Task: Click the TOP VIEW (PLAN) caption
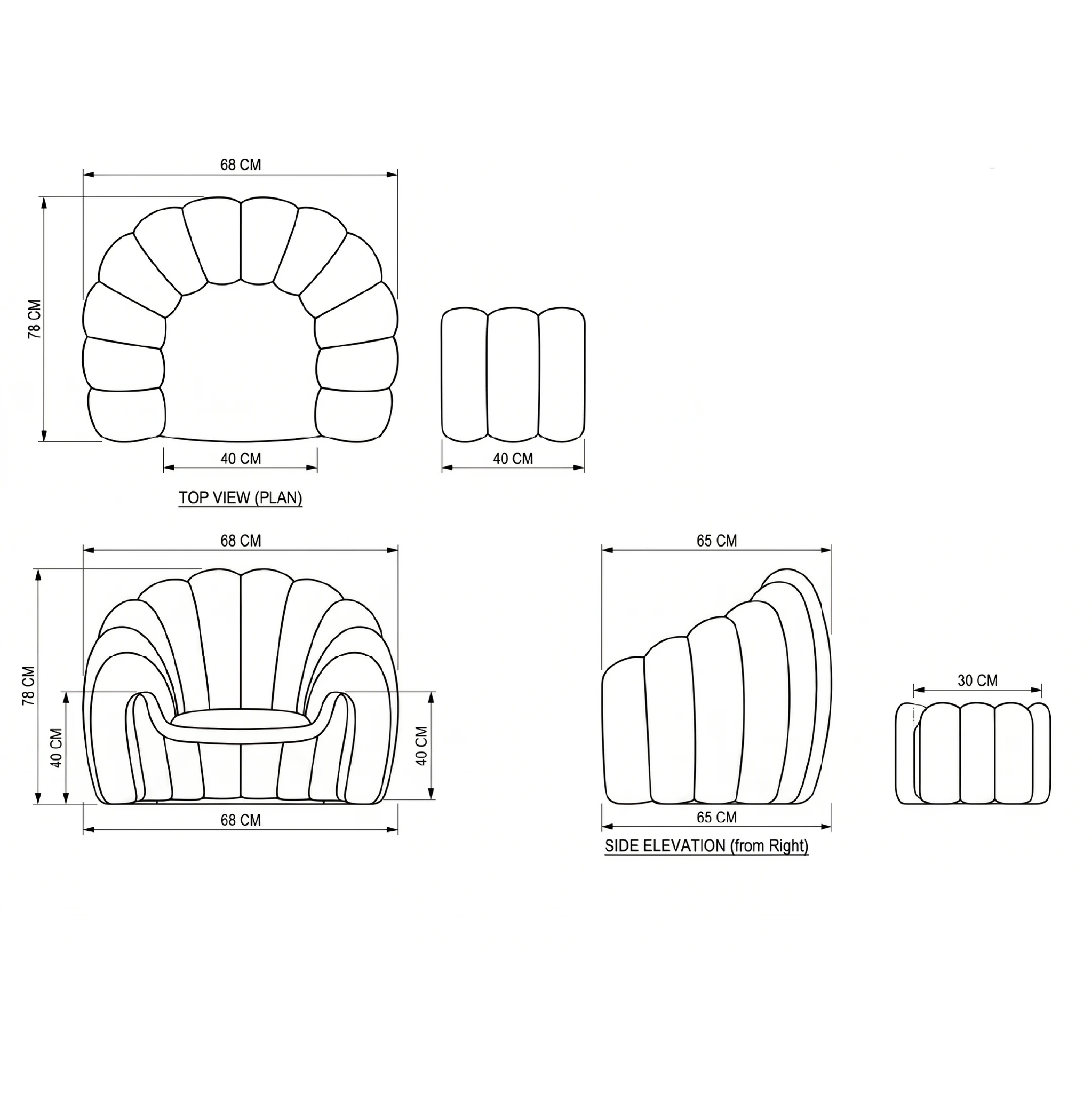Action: pyautogui.click(x=241, y=498)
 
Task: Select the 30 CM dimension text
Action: pyautogui.click(x=977, y=680)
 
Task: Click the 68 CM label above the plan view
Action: pyautogui.click(x=241, y=164)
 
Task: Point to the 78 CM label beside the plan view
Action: pyautogui.click(x=35, y=319)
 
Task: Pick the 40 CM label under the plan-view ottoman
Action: pyautogui.click(x=513, y=458)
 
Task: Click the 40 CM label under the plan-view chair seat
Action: pyautogui.click(x=241, y=458)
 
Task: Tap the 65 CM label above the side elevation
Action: pyautogui.click(x=716, y=541)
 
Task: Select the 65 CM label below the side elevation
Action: pyautogui.click(x=716, y=818)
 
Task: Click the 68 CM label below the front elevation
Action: pyautogui.click(x=241, y=820)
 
